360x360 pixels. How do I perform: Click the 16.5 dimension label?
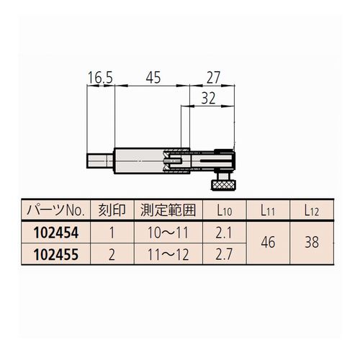coord(100,78)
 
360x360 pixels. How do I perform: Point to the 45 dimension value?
coord(153,78)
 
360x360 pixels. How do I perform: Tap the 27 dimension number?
coord(213,78)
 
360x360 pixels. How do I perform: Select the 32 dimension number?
coord(208,98)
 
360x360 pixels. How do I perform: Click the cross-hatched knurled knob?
coord(224,185)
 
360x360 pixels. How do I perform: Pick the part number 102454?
coord(56,233)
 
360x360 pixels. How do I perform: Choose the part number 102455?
coord(56,254)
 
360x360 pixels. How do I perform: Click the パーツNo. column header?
coord(55,210)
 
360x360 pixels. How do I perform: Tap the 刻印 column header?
coord(112,210)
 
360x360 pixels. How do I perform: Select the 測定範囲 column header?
coord(168,210)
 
